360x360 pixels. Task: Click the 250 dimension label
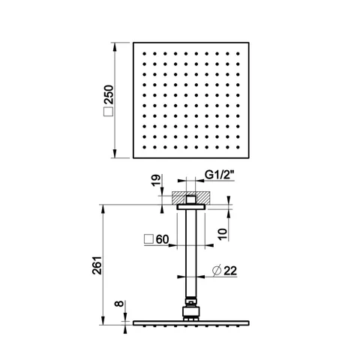coord(109,94)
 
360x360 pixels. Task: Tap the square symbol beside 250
coord(109,112)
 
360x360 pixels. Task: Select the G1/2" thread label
coord(219,175)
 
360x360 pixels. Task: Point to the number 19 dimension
coord(155,180)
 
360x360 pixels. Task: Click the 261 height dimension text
coord(97,265)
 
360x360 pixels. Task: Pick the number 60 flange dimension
coord(163,239)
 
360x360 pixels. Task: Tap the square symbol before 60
coord(148,239)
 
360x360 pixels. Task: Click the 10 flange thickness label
coord(223,234)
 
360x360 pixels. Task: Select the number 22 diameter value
coord(230,271)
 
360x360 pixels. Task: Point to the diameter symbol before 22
coord(217,271)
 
